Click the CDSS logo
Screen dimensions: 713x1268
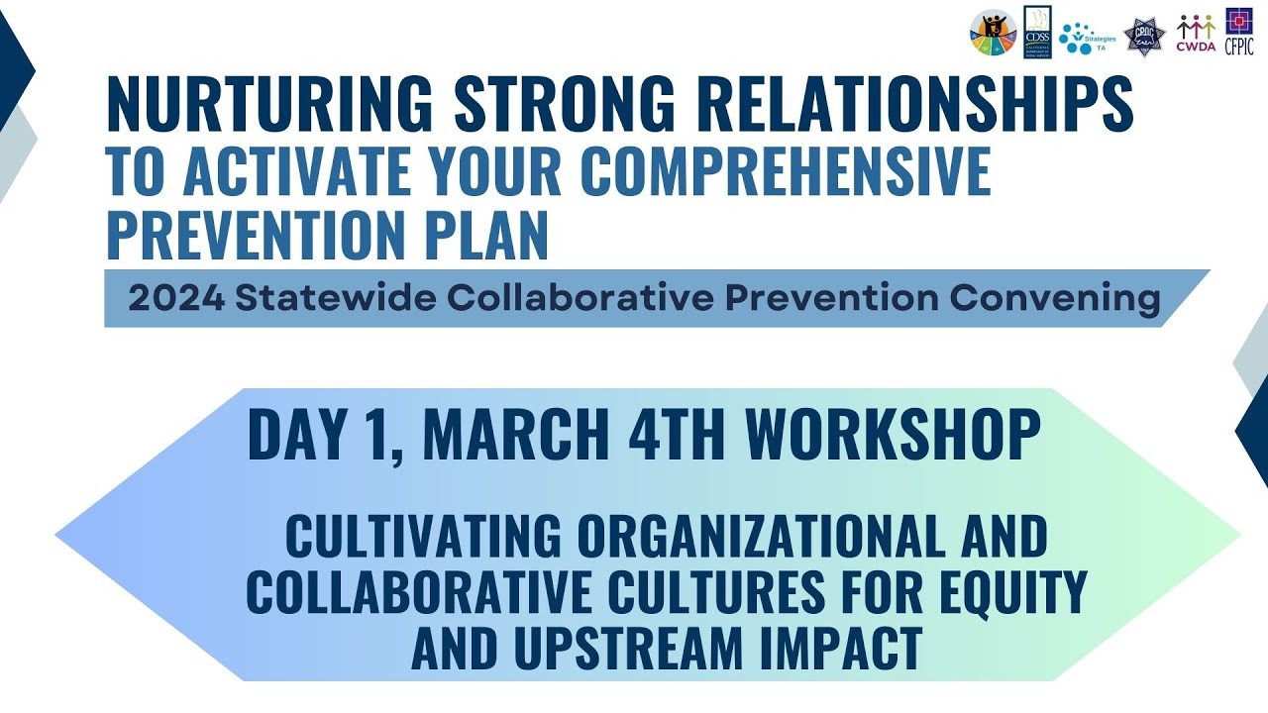(1036, 32)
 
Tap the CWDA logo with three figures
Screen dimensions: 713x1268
(1196, 32)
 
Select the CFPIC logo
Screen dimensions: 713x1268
(1239, 32)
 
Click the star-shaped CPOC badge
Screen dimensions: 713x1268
(1144, 38)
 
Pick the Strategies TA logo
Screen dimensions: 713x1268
(1087, 37)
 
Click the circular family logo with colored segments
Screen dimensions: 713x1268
(993, 33)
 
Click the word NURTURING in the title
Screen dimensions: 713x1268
(269, 104)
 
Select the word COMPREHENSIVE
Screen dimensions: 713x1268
(785, 170)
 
